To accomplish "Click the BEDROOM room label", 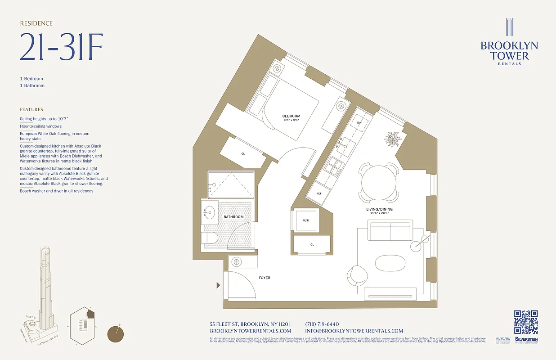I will pyautogui.click(x=291, y=116).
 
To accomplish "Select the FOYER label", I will pyautogui.click(x=265, y=278).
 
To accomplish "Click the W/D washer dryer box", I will pyautogui.click(x=306, y=220).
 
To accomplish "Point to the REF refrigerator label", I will pyautogui.click(x=319, y=193).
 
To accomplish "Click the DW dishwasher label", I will pyautogui.click(x=359, y=122).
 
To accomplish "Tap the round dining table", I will pyautogui.click(x=379, y=183).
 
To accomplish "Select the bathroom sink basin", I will pyautogui.click(x=209, y=212).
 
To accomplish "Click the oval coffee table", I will pyautogui.click(x=390, y=263).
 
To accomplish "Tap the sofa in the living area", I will pyautogui.click(x=390, y=231).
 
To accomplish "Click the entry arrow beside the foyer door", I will pyautogui.click(x=219, y=285).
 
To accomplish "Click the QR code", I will pyautogui.click(x=526, y=322).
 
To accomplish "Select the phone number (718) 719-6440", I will pyautogui.click(x=322, y=324).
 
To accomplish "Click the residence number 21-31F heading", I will pyautogui.click(x=61, y=47).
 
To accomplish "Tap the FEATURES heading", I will pyautogui.click(x=31, y=109).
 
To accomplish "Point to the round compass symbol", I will pyautogui.click(x=116, y=334).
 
